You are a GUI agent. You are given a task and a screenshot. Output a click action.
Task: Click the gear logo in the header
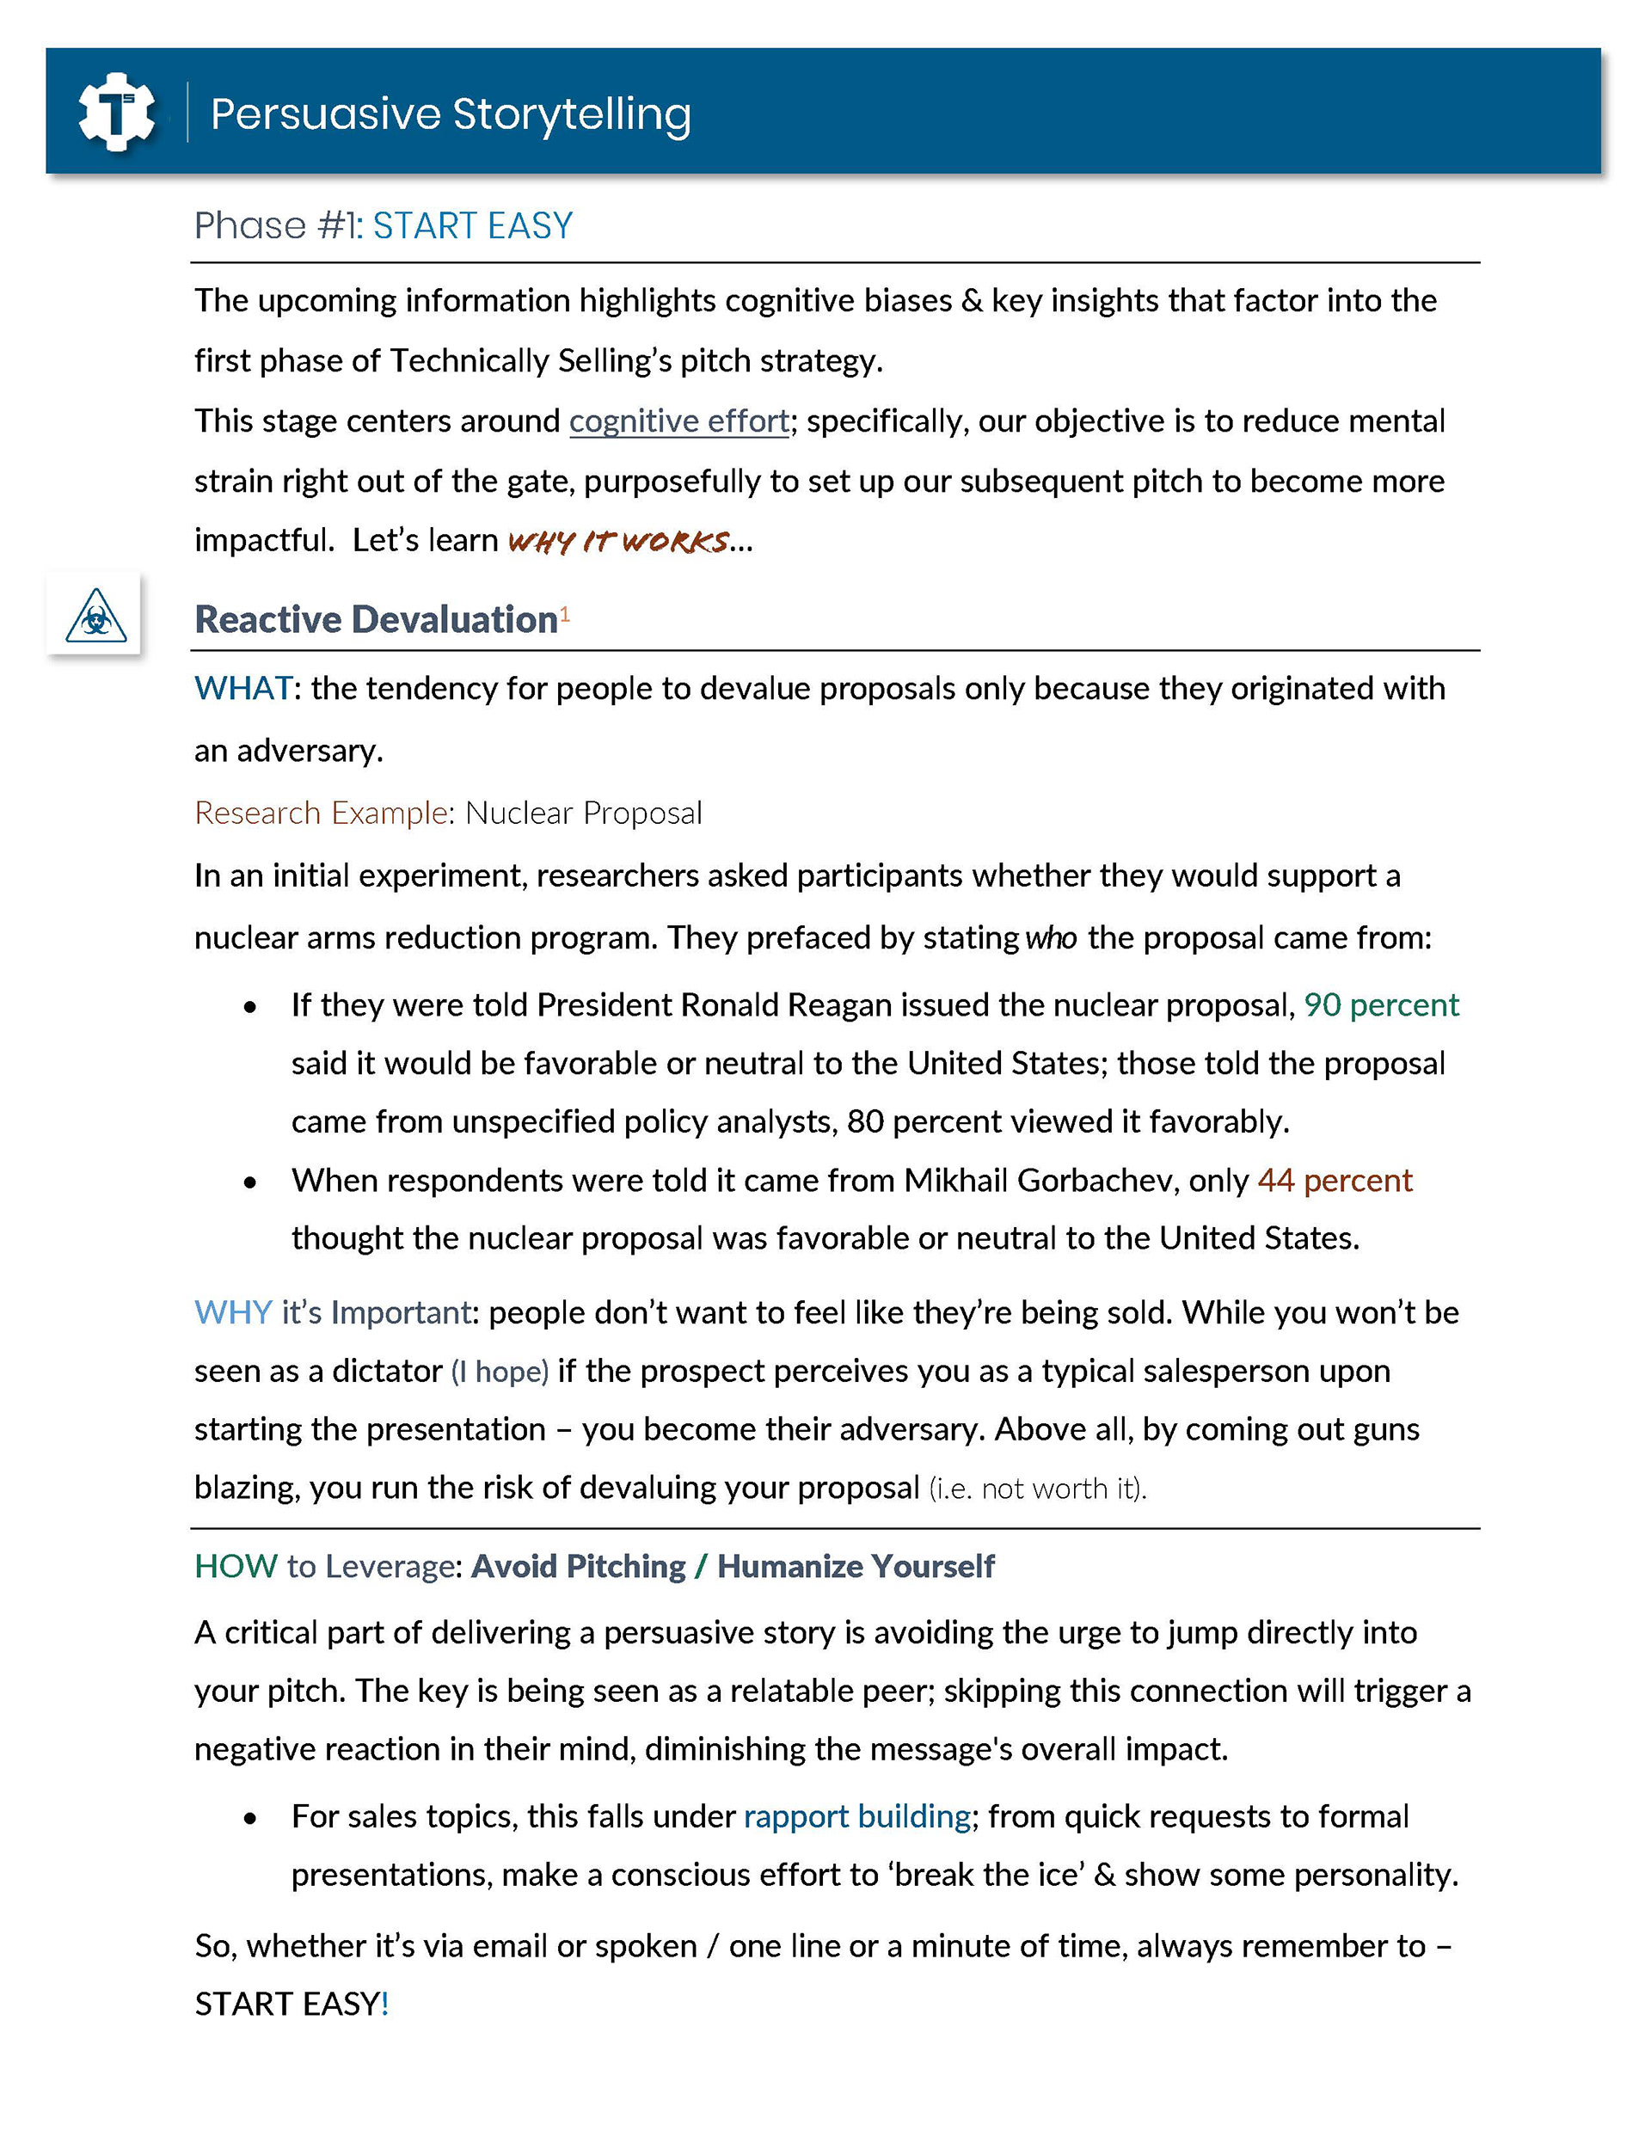coord(116,113)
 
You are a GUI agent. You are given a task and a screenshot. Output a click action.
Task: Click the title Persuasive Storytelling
coord(451,114)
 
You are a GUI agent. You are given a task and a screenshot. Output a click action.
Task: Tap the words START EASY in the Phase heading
coord(473,226)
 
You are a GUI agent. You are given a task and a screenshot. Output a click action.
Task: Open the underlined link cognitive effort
coord(679,421)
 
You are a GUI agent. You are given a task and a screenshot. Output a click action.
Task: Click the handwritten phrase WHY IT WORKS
coord(618,541)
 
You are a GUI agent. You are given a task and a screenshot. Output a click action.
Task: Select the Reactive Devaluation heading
coord(376,619)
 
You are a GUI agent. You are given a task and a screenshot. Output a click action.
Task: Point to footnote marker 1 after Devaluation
coord(565,613)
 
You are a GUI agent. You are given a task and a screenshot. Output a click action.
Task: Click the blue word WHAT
coord(242,688)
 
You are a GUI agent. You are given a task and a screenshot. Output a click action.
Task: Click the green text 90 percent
coord(1381,1005)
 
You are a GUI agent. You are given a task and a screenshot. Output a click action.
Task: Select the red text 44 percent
coord(1335,1180)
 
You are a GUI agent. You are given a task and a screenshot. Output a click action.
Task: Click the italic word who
coord(1052,937)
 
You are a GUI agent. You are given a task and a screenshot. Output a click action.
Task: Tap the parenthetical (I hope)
coord(499,1371)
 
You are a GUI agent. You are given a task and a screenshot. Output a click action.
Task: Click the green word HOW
coord(236,1566)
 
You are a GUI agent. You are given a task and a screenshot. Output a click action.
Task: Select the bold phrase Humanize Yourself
coord(856,1566)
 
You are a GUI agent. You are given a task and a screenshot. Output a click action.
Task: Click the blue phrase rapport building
coord(856,1816)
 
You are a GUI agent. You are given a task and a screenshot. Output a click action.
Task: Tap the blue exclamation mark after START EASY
coord(385,2003)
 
